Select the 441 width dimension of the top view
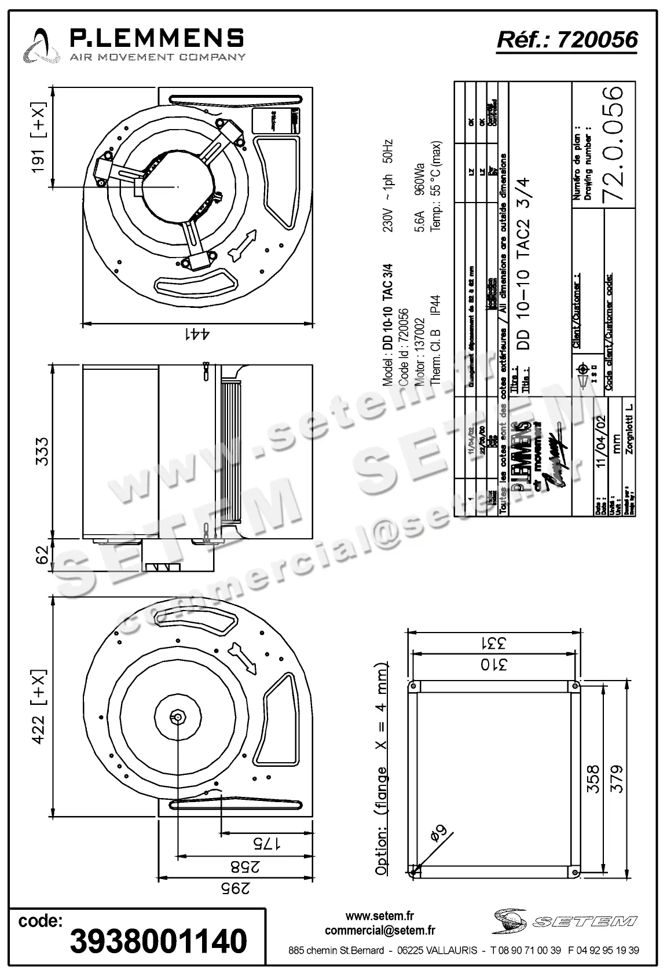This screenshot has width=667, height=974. [x=197, y=334]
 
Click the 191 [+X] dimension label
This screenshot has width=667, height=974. [x=38, y=138]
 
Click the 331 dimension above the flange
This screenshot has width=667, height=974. [x=492, y=642]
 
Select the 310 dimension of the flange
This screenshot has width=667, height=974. [x=492, y=664]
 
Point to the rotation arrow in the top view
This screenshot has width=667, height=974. [x=243, y=244]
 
